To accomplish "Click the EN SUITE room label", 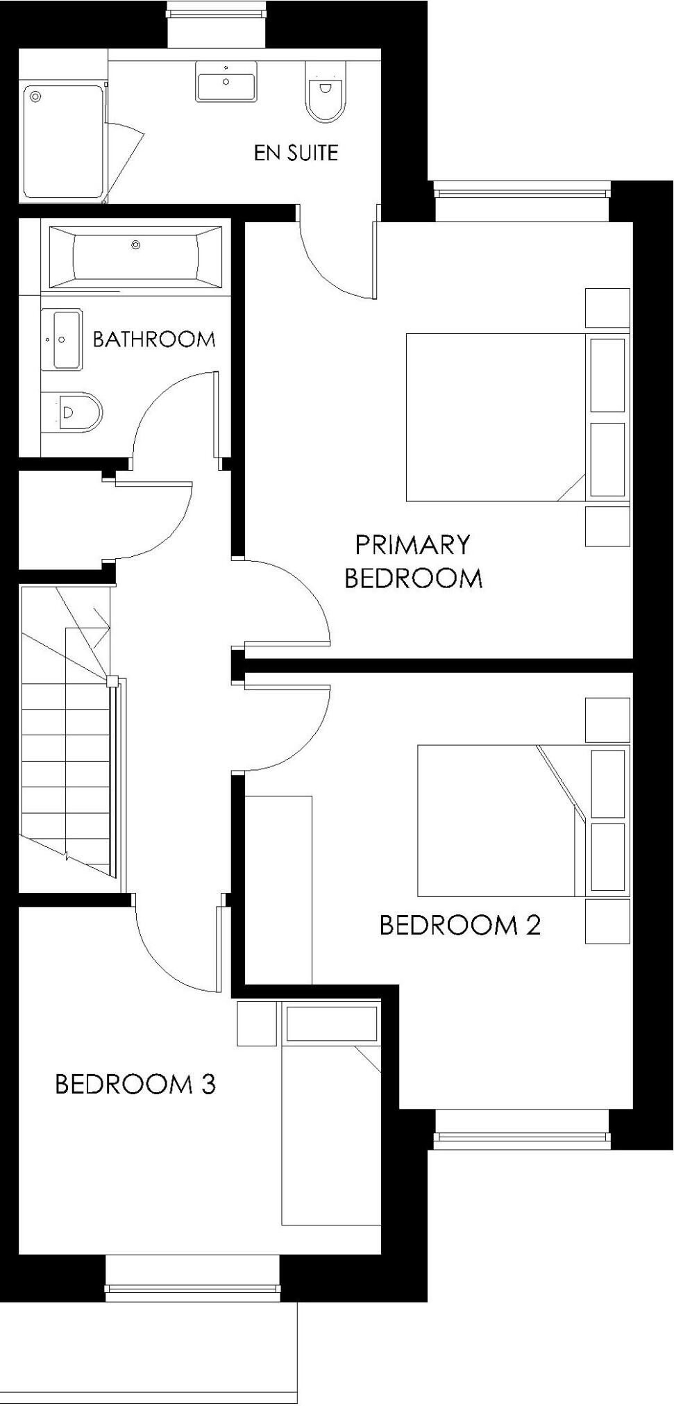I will tap(296, 153).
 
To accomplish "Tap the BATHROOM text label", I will tap(153, 340).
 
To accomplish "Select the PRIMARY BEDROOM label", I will tap(413, 561).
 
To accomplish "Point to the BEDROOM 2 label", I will tap(460, 925).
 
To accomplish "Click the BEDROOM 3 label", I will tap(135, 1084).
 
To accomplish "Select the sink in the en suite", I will tap(226, 81).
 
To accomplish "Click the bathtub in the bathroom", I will tap(135, 255).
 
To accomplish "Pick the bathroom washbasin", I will tap(62, 340).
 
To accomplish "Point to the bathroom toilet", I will tap(72, 412).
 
